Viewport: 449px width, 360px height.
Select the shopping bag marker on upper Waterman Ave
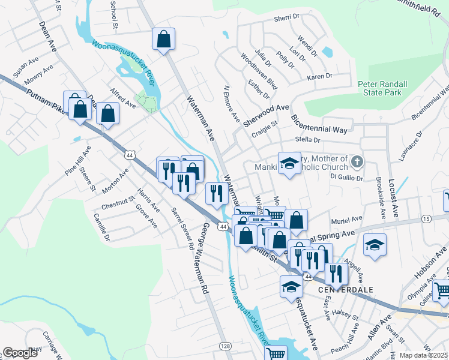pyautogui.click(x=163, y=40)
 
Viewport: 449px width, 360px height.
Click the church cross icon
pyautogui.click(x=357, y=162)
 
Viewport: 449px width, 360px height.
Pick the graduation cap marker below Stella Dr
pyautogui.click(x=289, y=164)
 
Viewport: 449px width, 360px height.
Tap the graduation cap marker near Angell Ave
pyautogui.click(x=375, y=245)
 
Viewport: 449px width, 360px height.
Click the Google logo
pyautogui.click(x=20, y=353)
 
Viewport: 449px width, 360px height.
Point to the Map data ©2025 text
pyautogui.click(x=423, y=355)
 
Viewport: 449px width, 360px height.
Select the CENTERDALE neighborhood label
pyautogui.click(x=345, y=289)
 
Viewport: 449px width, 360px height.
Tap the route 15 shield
pyautogui.click(x=426, y=219)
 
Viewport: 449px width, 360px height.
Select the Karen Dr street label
pyautogui.click(x=319, y=77)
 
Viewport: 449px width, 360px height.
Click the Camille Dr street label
pyautogui.click(x=102, y=229)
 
